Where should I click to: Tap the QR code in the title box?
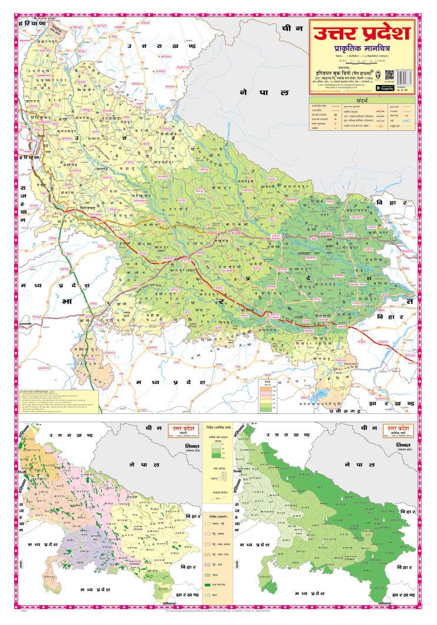click(x=389, y=75)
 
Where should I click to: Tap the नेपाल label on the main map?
click(x=264, y=93)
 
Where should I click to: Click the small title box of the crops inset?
click(x=181, y=429)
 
